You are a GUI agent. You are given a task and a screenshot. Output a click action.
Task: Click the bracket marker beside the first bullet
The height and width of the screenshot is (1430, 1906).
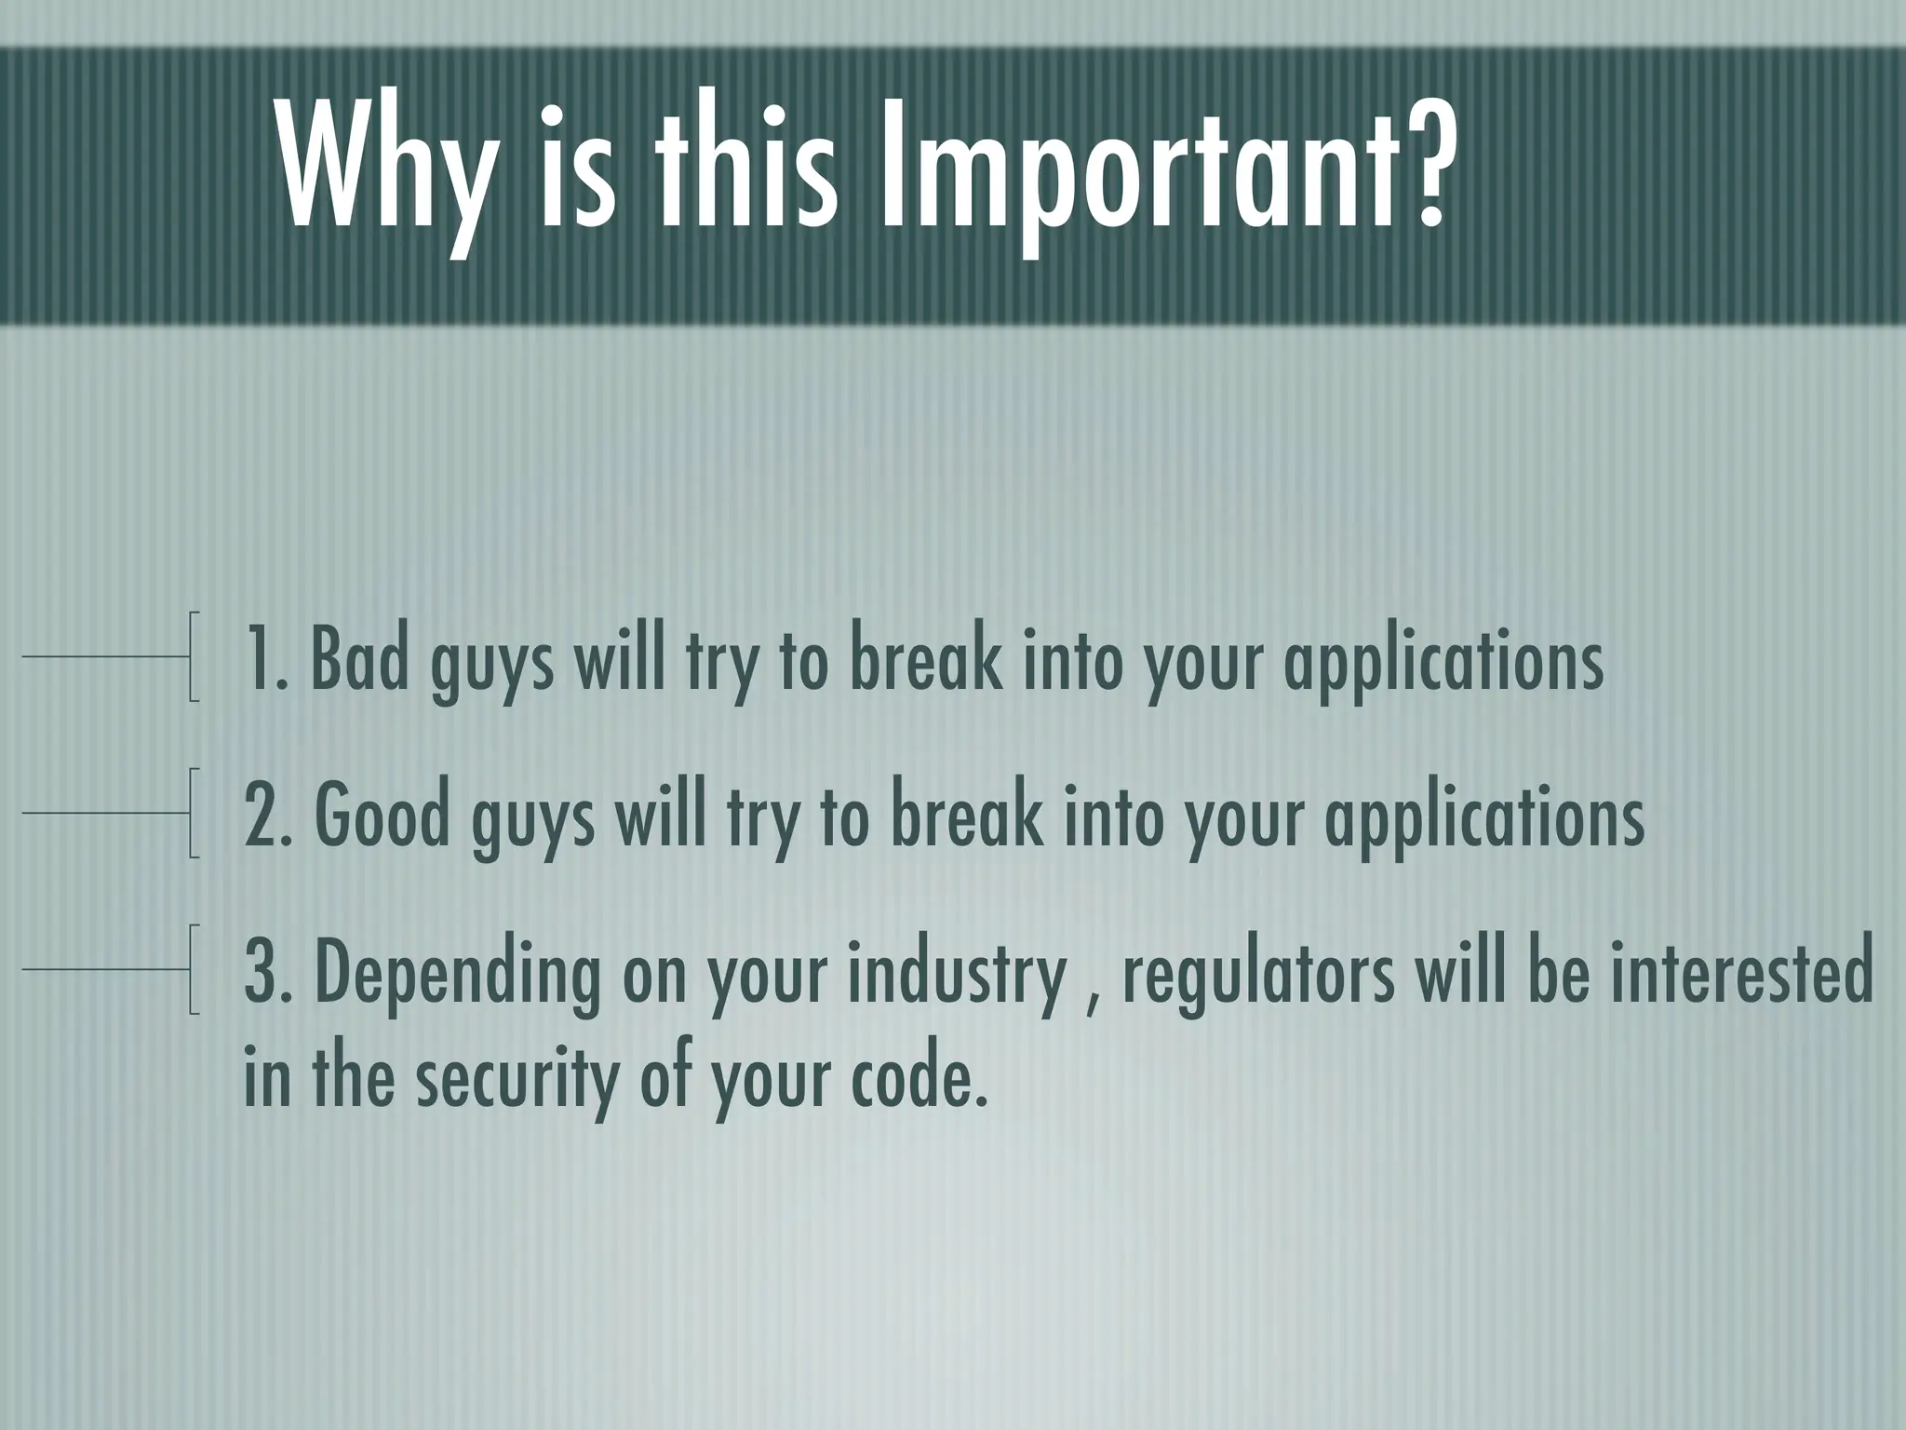point(193,656)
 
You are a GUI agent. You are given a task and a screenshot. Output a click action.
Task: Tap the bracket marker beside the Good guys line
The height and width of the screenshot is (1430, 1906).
point(193,813)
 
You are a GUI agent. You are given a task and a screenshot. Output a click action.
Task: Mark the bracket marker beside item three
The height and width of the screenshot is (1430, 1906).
point(193,969)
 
